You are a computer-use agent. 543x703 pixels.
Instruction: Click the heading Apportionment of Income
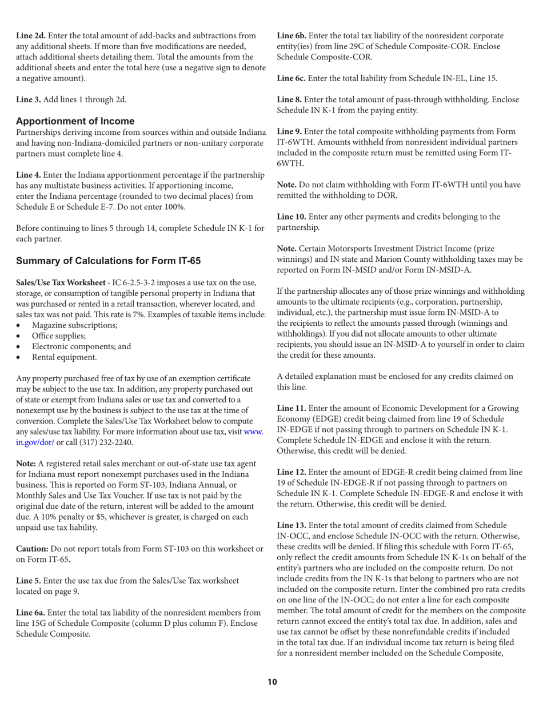(x=75, y=121)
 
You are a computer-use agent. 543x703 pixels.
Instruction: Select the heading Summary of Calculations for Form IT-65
(x=108, y=261)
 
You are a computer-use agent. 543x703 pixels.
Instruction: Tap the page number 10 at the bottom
(x=272, y=681)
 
